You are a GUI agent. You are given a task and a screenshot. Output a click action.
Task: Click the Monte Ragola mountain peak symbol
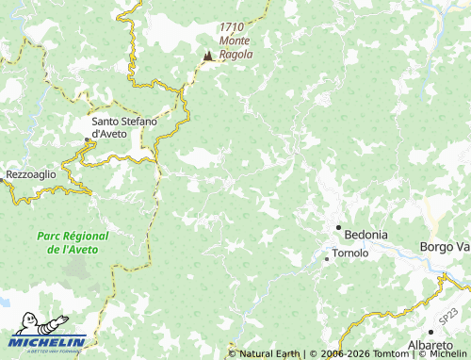point(207,57)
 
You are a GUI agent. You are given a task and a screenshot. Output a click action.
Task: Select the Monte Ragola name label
point(235,47)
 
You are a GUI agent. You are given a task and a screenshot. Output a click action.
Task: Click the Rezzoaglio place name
point(31,175)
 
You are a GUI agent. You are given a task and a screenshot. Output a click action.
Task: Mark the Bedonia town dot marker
point(339,228)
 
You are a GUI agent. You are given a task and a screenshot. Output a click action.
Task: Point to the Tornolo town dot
point(327,257)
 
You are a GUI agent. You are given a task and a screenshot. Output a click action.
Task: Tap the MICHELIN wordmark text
point(49,342)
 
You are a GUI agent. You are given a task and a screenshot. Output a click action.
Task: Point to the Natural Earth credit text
point(268,353)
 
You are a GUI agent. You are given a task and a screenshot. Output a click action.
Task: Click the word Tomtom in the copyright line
point(389,353)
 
